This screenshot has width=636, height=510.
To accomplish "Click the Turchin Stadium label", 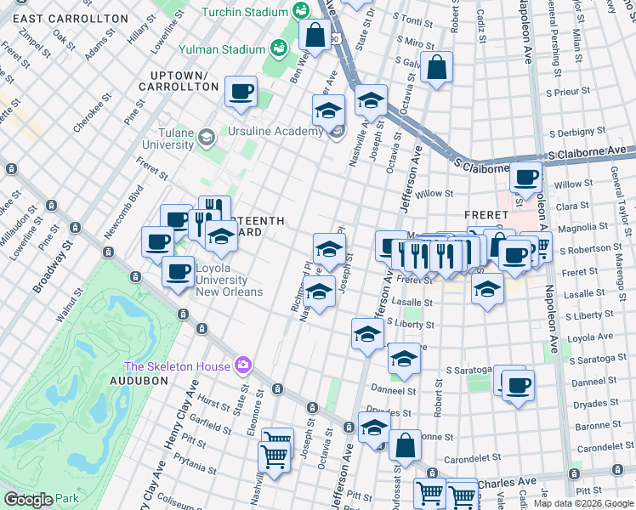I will pos(244,12).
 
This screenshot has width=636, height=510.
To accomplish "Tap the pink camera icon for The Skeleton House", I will pos(244,365).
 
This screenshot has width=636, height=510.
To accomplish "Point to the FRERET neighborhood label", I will pos(486,215).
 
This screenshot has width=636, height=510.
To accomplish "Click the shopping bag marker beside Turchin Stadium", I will pos(315,36).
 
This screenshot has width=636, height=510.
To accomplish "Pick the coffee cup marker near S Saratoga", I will pos(518,384).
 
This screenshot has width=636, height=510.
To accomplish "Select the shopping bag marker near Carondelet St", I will pos(406,445).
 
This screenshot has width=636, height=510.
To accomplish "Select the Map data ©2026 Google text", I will pos(583,503).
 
